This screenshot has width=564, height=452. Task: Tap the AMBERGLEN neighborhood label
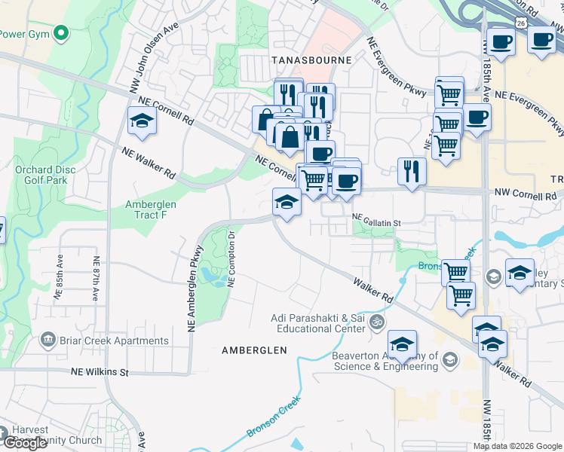pos(254,350)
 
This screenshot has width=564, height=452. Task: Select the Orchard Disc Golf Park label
pos(45,175)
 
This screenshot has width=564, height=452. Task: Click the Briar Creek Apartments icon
pos(49,341)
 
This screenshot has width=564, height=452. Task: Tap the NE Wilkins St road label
pos(100,372)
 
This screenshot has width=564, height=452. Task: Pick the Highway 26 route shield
pos(520,23)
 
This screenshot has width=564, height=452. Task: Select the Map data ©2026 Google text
pos(517,446)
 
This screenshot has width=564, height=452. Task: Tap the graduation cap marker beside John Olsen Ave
pos(141,121)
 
